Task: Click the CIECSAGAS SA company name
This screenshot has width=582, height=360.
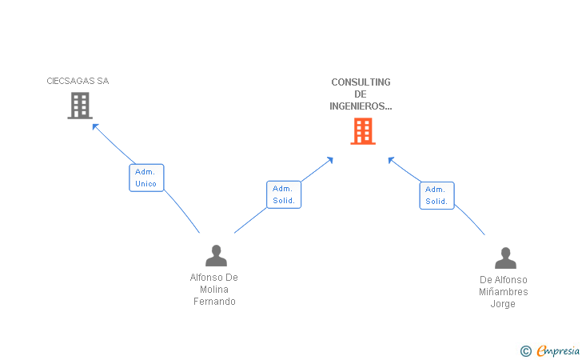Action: [x=77, y=81]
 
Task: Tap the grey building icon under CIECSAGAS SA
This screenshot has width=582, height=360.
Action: [x=80, y=106]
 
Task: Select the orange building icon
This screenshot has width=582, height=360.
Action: [x=362, y=131]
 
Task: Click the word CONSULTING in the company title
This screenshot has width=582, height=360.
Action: [x=361, y=82]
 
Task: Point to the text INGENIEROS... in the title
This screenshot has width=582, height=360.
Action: [x=361, y=106]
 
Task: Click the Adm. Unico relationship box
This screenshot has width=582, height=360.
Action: [x=146, y=178]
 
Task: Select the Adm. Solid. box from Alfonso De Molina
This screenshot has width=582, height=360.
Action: [x=283, y=194]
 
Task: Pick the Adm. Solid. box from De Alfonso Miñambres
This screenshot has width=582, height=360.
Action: [x=436, y=195]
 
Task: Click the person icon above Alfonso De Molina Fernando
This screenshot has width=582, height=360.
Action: [x=216, y=256]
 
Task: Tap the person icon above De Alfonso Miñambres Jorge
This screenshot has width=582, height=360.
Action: [x=505, y=258]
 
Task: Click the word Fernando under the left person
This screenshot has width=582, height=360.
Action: [x=214, y=302]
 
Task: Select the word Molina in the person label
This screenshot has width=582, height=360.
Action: [x=214, y=290]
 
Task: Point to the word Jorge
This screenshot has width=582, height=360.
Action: [x=503, y=304]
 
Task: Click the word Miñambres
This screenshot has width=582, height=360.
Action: [x=503, y=292]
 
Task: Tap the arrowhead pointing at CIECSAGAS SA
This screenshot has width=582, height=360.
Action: [x=95, y=126]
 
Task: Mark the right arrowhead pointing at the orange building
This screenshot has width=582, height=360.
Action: [x=391, y=159]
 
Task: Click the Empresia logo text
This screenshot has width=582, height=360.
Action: [x=558, y=350]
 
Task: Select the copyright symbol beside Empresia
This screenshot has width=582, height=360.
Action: [x=525, y=350]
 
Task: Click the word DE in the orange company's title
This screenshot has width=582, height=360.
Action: [x=361, y=94]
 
